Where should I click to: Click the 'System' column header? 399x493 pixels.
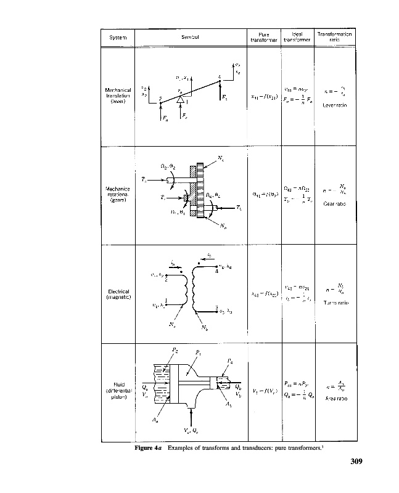(117, 38)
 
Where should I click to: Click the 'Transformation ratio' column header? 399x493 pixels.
(335, 37)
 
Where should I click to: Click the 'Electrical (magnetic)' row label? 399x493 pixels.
(117, 295)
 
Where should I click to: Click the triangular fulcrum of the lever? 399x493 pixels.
(180, 99)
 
